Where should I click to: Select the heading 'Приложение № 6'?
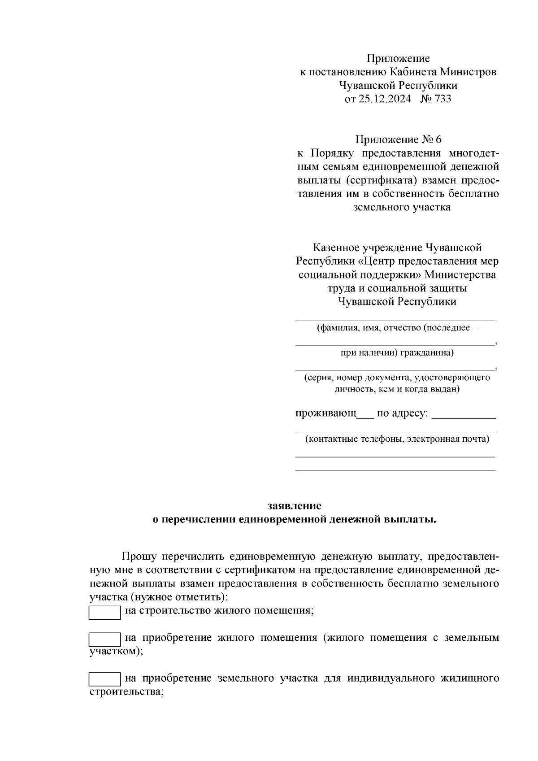398,139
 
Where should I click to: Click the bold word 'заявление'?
294,506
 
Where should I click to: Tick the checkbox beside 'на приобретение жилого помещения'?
104,639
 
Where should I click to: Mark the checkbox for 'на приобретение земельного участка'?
104,679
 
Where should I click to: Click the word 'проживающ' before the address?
325,413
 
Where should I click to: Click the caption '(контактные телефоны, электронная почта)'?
397,439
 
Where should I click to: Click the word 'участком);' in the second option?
116,651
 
